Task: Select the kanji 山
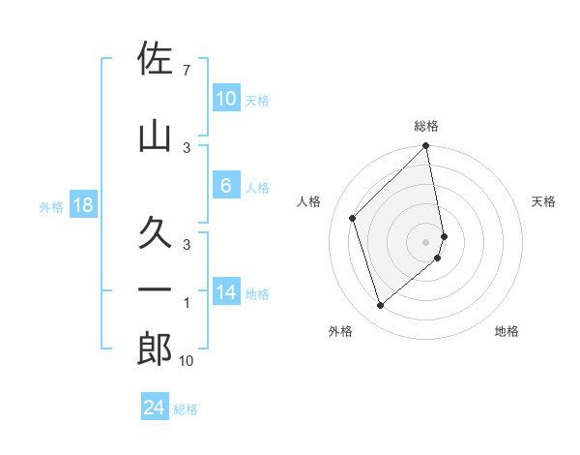tap(155, 136)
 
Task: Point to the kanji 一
tap(155, 289)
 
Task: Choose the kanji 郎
tap(155, 349)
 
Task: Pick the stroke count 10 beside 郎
tap(187, 361)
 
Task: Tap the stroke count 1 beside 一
tap(186, 302)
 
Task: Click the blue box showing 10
tap(225, 99)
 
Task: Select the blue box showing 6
tap(225, 187)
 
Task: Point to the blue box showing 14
tap(225, 292)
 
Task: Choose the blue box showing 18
tap(82, 205)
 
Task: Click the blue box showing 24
tap(154, 408)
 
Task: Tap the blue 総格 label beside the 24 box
tap(186, 409)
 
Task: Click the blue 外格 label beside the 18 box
tap(50, 206)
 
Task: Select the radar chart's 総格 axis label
tap(426, 126)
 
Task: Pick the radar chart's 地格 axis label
tap(507, 332)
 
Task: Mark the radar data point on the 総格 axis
tap(426, 147)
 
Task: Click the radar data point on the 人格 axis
tap(353, 218)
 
